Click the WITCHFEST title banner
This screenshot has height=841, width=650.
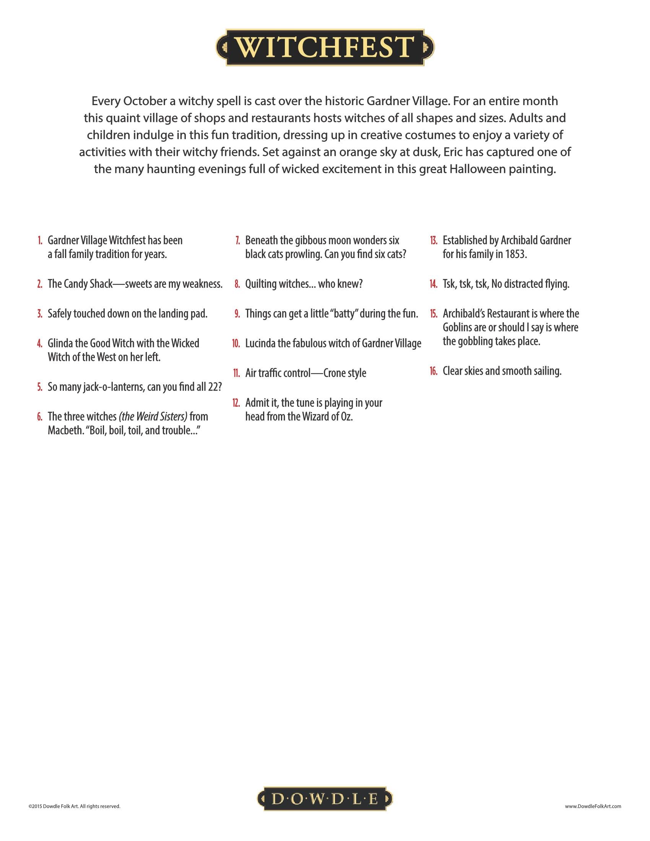[325, 47]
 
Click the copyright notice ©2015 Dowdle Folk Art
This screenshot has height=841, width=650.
[74, 806]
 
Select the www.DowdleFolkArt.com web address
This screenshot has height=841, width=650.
[593, 806]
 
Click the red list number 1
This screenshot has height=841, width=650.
[40, 241]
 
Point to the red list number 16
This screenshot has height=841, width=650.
[434, 371]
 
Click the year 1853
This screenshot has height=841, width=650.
[515, 254]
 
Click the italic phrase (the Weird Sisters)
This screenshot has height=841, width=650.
[153, 416]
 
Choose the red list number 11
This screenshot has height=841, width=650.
[236, 373]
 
